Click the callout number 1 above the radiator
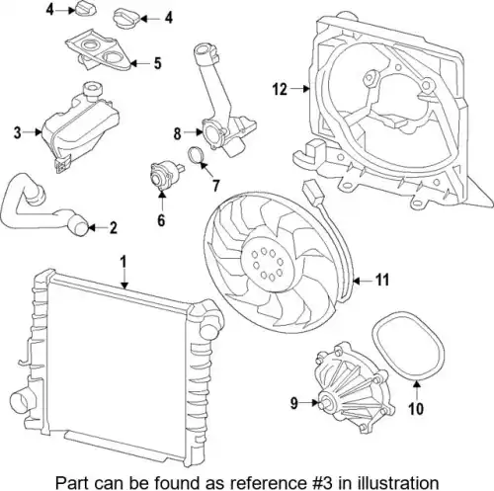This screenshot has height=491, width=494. tap(123, 262)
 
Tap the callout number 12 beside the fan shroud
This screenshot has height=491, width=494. tap(280, 89)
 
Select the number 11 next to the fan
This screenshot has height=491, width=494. tap(382, 281)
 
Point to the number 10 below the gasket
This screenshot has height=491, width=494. tap(416, 409)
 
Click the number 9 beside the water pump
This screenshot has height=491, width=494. tap(294, 403)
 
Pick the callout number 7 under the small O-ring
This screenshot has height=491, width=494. tap(215, 186)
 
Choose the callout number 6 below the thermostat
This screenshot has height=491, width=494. tap(161, 220)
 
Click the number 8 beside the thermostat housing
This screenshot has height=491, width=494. tap(178, 133)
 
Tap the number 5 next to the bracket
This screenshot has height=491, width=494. tap(158, 63)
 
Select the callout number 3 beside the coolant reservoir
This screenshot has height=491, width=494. tap(18, 132)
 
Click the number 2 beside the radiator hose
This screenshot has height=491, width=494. tap(114, 227)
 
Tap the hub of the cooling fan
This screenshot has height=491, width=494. tap(266, 264)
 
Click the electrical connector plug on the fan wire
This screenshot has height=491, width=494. tap(311, 192)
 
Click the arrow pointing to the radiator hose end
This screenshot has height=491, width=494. tap(96, 227)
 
